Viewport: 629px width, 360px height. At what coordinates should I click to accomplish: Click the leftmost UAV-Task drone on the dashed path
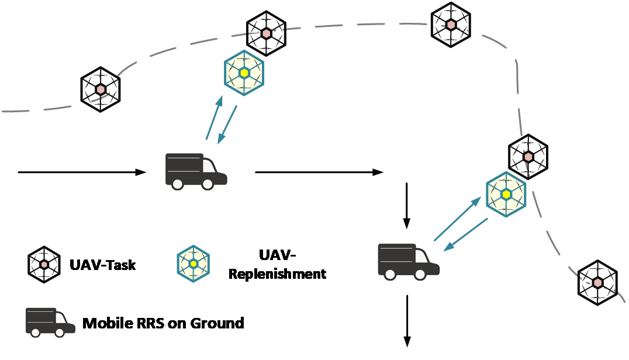pyautogui.click(x=100, y=89)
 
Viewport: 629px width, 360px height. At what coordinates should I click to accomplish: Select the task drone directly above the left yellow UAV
pyautogui.click(x=266, y=33)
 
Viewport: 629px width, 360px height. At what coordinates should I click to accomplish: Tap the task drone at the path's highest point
pyautogui.click(x=451, y=25)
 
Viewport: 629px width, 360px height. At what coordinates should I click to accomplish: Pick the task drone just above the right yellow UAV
pyautogui.click(x=528, y=156)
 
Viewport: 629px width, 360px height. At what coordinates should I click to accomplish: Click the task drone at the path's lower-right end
pyautogui.click(x=597, y=282)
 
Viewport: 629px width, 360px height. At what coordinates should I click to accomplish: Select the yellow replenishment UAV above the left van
pyautogui.click(x=244, y=73)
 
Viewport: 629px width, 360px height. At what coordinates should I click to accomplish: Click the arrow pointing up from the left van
pyautogui.click(x=215, y=117)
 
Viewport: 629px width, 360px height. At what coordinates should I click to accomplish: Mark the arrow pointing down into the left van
pyautogui.click(x=227, y=124)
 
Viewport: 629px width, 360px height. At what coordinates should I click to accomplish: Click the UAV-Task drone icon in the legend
pyautogui.click(x=44, y=265)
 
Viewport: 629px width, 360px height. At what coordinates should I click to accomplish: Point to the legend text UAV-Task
pyautogui.click(x=103, y=265)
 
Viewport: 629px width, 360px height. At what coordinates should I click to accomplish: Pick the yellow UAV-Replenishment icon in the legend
pyautogui.click(x=193, y=264)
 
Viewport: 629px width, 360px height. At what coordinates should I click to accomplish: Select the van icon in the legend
pyautogui.click(x=50, y=322)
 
